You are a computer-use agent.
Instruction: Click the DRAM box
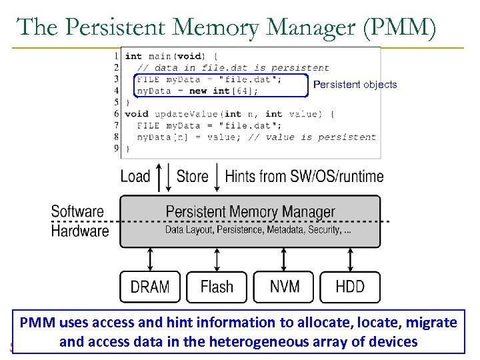150,287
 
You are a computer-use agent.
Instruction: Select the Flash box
217,287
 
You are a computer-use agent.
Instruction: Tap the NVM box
284,287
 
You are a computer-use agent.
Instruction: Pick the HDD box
350,287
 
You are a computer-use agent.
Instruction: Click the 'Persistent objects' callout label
355,85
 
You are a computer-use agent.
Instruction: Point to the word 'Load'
135,177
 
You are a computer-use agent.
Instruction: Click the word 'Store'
192,177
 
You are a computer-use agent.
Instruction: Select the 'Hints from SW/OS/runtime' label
304,177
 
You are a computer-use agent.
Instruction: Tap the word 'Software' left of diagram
77,212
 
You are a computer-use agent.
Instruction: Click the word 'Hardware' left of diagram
79,231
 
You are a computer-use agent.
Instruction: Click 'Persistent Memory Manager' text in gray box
250,212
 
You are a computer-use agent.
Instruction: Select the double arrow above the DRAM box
150,259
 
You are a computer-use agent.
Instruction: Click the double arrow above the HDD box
350,259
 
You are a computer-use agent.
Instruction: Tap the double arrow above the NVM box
284,259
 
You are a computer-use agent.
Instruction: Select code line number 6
117,114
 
